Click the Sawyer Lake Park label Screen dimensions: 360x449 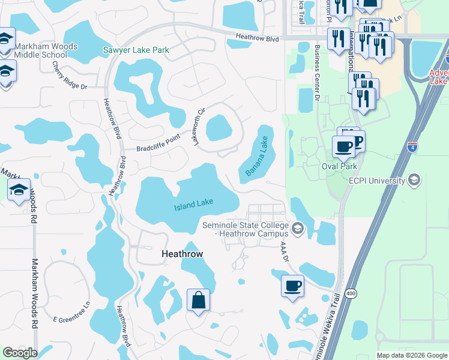point(136,50)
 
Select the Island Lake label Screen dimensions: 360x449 point(194,205)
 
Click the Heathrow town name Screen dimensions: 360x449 point(182,254)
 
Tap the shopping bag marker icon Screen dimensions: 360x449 point(198,300)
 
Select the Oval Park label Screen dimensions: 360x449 point(339,166)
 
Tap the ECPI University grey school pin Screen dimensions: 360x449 point(414,179)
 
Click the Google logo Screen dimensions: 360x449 point(20,353)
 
